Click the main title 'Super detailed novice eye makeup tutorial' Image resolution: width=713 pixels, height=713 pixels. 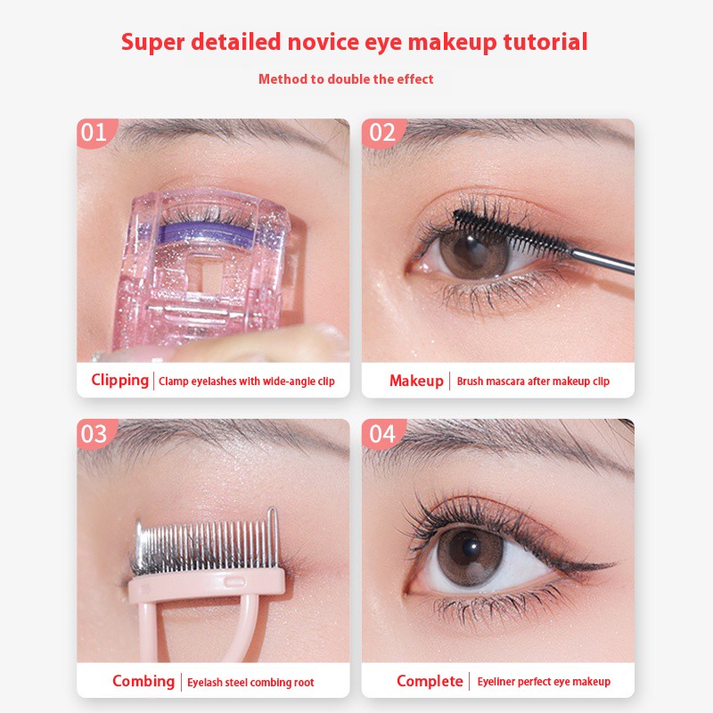tap(355, 42)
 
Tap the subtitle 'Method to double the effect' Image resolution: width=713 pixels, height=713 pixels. tap(346, 79)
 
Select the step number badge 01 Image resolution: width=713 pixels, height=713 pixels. tap(94, 133)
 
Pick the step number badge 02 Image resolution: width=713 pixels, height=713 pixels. tap(381, 133)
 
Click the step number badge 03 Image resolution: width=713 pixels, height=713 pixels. tap(94, 434)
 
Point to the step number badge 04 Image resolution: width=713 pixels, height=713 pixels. tap(381, 434)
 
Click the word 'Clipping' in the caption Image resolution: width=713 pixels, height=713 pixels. tap(119, 381)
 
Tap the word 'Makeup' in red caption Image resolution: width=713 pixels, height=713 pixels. tap(416, 381)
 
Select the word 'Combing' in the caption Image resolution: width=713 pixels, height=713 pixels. tap(143, 682)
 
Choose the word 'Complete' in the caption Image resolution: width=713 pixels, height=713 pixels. tap(430, 682)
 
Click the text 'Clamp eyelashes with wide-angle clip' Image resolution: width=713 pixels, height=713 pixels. tap(247, 381)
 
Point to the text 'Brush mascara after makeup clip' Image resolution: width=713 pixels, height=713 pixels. tap(533, 381)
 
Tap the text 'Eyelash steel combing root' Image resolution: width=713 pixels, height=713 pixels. tap(250, 683)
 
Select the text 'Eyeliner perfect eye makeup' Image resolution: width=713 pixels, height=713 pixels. tap(544, 682)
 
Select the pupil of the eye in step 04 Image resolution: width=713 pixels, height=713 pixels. tap(473, 547)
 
